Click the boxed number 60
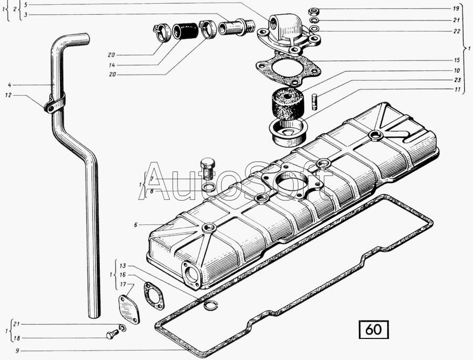tap(373, 330)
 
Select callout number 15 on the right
tap(456, 60)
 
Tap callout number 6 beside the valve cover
tap(136, 224)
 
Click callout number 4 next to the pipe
tap(9, 85)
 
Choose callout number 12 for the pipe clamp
tap(8, 95)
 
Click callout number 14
tap(112, 65)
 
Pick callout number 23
tap(456, 80)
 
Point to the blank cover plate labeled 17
tap(129, 310)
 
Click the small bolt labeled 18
tap(112, 334)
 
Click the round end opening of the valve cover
tap(190, 274)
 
